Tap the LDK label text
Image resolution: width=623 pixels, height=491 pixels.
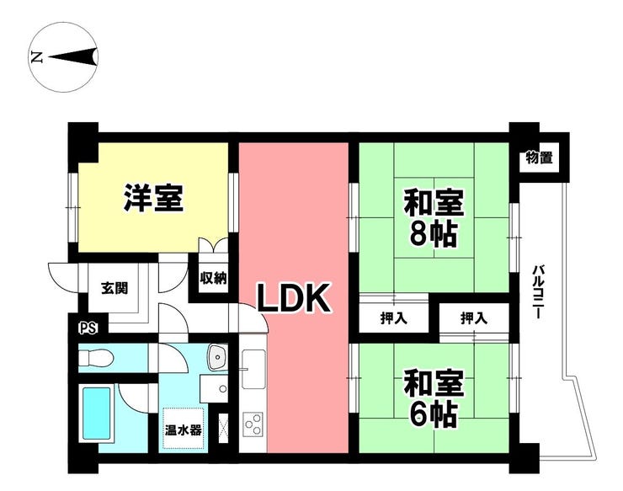click(x=292, y=299)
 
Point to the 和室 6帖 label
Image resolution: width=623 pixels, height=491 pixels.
click(x=434, y=398)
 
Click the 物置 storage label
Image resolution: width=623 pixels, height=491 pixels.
click(x=538, y=157)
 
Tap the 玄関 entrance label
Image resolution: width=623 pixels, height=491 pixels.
click(x=114, y=289)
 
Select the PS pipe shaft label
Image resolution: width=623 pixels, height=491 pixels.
click(x=86, y=328)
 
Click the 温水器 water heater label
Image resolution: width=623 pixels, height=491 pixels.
click(x=183, y=431)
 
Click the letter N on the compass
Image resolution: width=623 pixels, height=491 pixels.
click(x=36, y=57)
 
